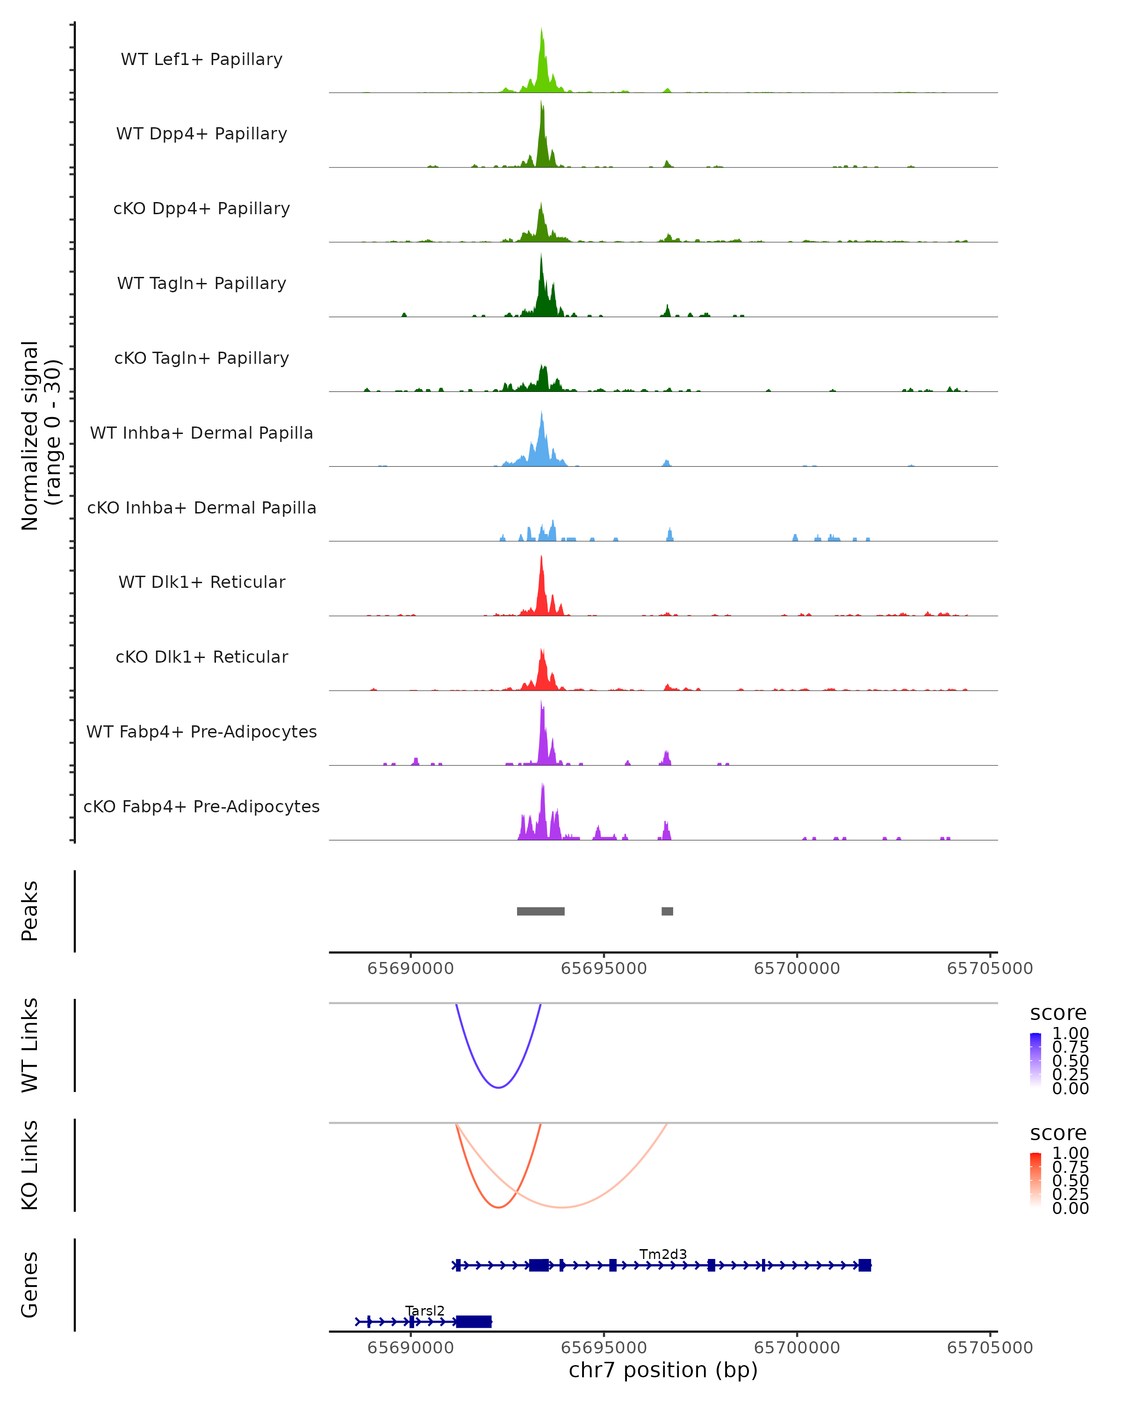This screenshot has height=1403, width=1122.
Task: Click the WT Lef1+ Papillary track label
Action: point(201,59)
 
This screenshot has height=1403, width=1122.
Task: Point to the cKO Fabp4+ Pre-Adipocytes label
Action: point(201,806)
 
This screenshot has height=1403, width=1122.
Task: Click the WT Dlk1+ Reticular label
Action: point(201,582)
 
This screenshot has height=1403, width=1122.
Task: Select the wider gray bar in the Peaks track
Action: point(540,911)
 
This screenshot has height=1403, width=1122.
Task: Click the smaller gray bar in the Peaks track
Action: point(667,911)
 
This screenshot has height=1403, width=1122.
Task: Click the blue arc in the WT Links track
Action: point(498,1087)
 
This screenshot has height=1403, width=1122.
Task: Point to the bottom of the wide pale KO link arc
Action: point(562,1207)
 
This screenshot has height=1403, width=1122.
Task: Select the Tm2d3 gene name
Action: point(663,1254)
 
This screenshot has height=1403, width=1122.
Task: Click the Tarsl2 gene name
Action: point(425,1310)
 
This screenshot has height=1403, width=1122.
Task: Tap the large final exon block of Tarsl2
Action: point(474,1322)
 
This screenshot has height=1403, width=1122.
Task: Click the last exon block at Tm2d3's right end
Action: point(864,1265)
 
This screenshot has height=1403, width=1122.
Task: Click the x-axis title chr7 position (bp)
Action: point(663,1370)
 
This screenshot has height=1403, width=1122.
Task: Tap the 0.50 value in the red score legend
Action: point(1070,1180)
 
